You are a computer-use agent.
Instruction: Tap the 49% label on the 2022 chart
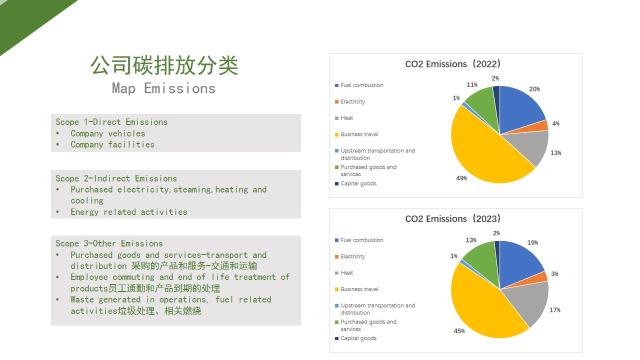pyautogui.click(x=461, y=178)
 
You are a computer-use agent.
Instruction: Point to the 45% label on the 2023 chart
pyautogui.click(x=459, y=331)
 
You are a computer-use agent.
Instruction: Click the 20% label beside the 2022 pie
pyautogui.click(x=534, y=89)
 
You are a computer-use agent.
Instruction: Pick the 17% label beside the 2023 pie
pyautogui.click(x=555, y=310)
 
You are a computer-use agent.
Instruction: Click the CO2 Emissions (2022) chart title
pyautogui.click(x=453, y=64)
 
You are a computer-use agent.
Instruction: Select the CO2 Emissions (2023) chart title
pyautogui.click(x=453, y=219)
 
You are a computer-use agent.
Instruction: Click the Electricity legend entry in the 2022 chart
pyautogui.click(x=350, y=101)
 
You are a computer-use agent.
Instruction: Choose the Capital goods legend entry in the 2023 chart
pyautogui.click(x=355, y=338)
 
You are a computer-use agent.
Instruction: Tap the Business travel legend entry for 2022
pyautogui.click(x=356, y=134)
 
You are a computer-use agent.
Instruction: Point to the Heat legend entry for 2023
pyautogui.click(x=344, y=273)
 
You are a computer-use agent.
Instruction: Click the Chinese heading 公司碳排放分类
pyautogui.click(x=164, y=65)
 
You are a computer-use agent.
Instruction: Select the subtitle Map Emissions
pyautogui.click(x=163, y=88)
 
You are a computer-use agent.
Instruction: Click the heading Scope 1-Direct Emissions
pyautogui.click(x=111, y=122)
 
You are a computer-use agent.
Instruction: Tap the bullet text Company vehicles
pyautogui.click(x=107, y=133)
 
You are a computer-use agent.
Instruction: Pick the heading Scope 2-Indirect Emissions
pyautogui.click(x=116, y=178)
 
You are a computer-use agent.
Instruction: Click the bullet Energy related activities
pyautogui.click(x=129, y=212)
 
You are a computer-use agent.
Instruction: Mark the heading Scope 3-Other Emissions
pyautogui.click(x=109, y=243)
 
